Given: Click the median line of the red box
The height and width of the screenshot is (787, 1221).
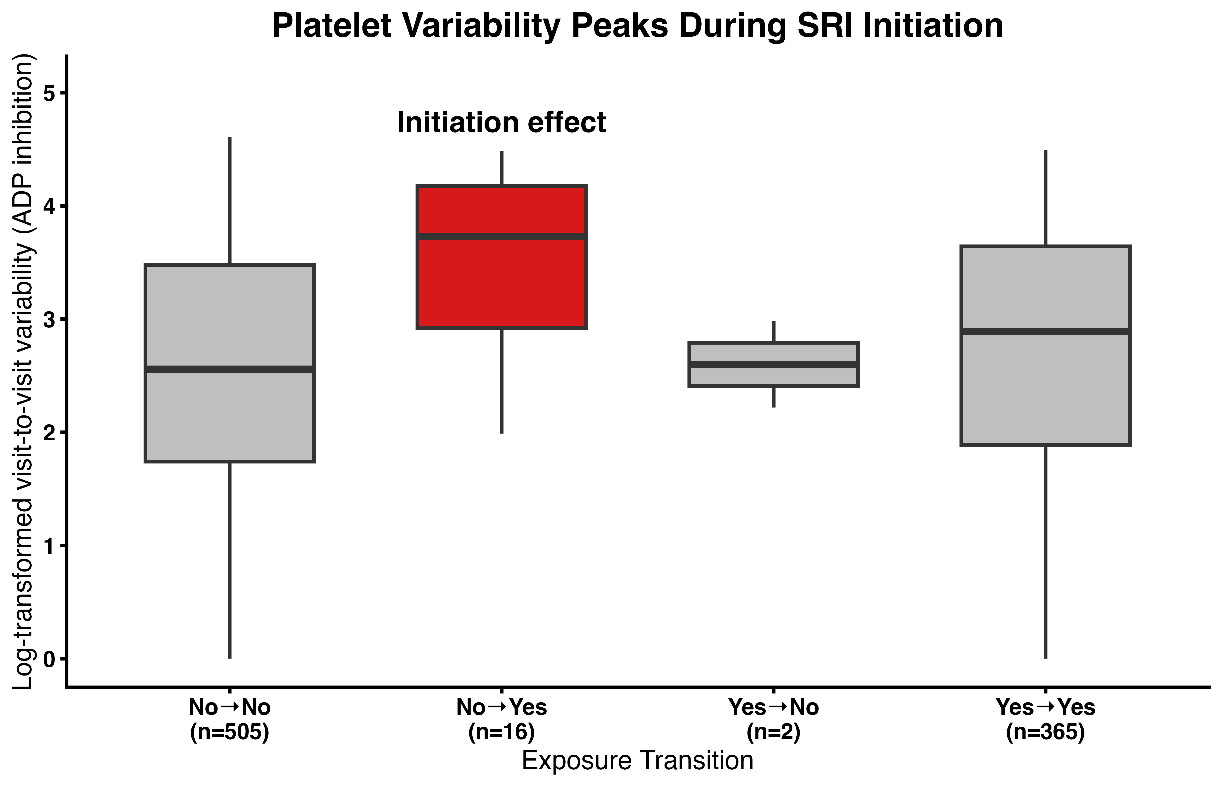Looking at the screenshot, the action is (502, 237).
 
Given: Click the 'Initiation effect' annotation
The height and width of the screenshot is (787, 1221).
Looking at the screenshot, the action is (502, 123).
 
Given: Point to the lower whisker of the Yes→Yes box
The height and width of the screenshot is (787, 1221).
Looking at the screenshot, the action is (1046, 552).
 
